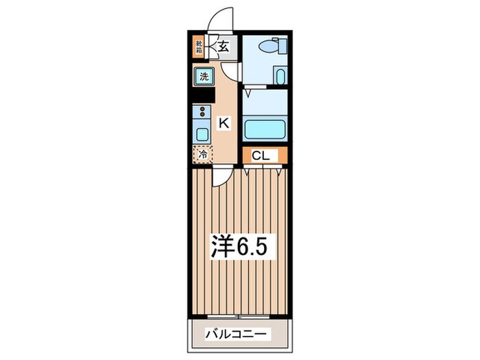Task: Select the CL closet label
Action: point(260,156)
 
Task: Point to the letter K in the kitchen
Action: point(223,123)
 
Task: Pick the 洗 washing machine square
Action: point(204,77)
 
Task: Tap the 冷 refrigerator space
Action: point(203,154)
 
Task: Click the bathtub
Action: point(265,128)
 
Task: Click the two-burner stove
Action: point(203,112)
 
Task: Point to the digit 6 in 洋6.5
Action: point(244,245)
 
